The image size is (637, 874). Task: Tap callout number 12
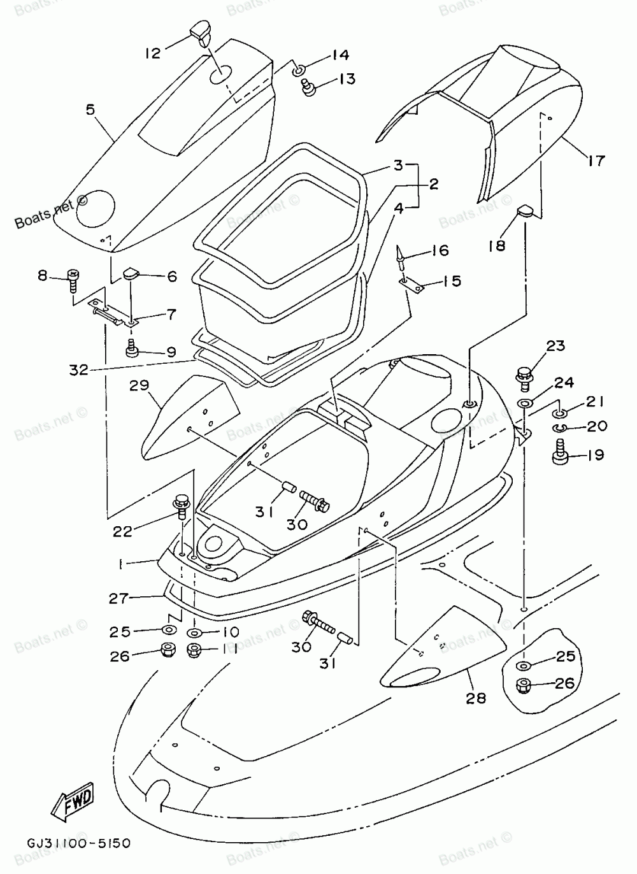tap(153, 53)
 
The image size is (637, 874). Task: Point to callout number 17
tap(596, 160)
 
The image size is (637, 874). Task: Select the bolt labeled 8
tap(73, 280)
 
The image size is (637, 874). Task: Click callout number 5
tap(90, 110)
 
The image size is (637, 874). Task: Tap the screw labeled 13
tap(310, 87)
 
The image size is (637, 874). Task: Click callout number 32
tap(79, 369)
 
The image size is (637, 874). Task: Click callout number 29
tap(140, 385)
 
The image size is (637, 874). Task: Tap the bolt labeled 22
tap(182, 506)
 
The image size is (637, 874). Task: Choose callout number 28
tap(476, 698)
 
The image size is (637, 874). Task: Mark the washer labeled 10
tap(194, 632)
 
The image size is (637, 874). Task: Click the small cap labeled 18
tap(525, 213)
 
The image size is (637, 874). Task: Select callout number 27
tap(118, 598)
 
